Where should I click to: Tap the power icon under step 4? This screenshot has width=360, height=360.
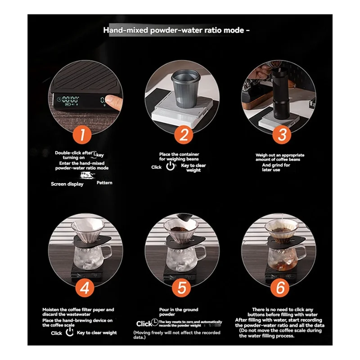click(x=69, y=333)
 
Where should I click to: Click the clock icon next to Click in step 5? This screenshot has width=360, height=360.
click(x=155, y=323)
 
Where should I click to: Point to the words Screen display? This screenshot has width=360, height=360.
click(x=67, y=184)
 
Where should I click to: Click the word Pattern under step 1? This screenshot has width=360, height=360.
click(x=104, y=183)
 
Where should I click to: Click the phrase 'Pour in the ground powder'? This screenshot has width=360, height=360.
click(x=178, y=312)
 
